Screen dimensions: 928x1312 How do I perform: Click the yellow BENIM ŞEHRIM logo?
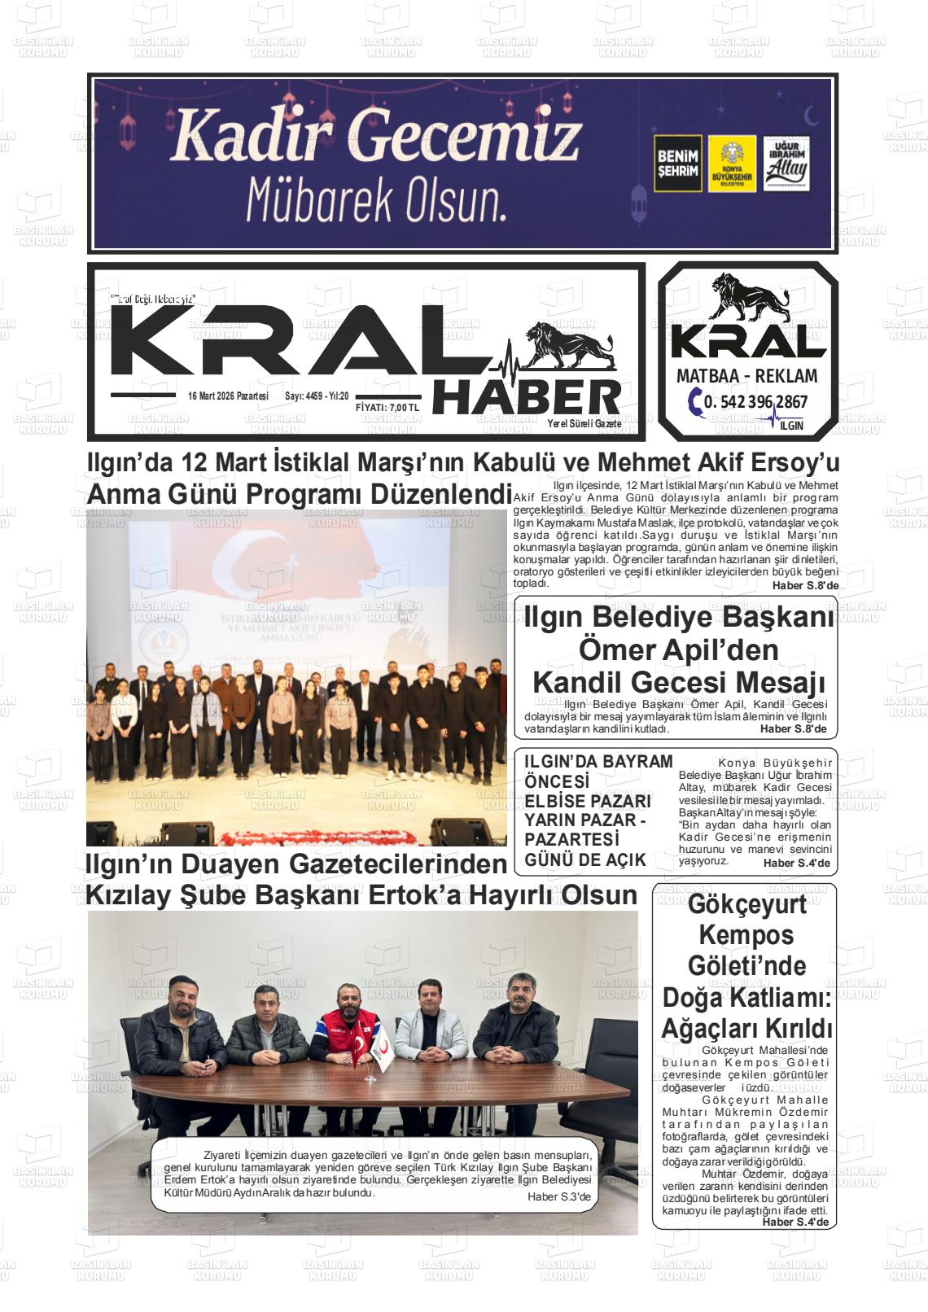(677, 164)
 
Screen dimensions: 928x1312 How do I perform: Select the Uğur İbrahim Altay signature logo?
(786, 164)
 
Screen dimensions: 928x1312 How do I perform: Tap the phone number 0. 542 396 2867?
(756, 401)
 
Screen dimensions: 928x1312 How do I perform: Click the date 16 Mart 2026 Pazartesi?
(228, 396)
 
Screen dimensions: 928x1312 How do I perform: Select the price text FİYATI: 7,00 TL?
(387, 408)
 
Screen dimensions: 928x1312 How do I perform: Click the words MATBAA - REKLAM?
(746, 376)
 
